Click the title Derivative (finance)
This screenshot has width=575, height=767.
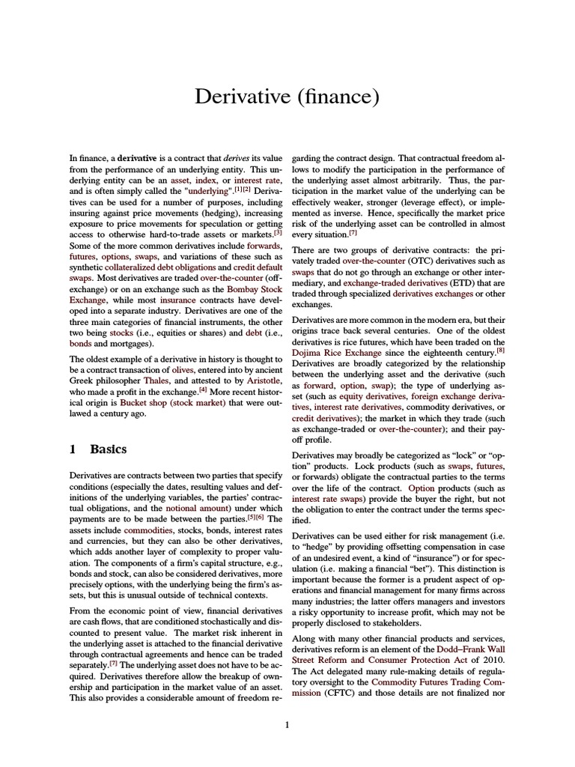point(287,97)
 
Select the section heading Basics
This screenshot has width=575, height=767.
point(108,449)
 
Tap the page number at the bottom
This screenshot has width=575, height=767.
point(287,724)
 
